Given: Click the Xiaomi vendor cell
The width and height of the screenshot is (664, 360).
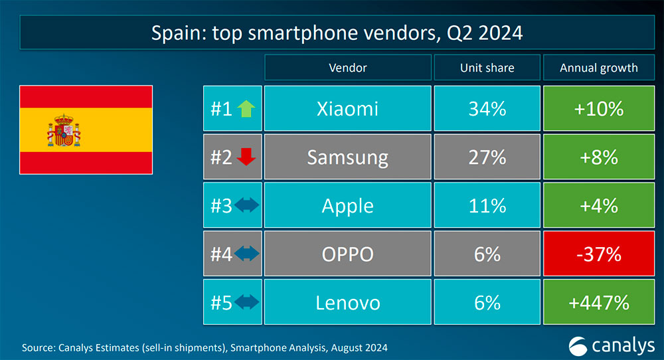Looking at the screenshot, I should coord(347,108).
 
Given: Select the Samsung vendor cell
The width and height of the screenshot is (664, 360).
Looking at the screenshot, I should coord(347,157).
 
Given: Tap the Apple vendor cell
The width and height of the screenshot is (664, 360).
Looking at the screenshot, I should coord(347,206).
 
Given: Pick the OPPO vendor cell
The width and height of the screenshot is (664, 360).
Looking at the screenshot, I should coord(347,254).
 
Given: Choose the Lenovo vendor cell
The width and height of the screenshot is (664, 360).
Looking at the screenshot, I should coord(347,303).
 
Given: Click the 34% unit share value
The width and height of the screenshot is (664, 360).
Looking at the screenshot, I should coord(487,108).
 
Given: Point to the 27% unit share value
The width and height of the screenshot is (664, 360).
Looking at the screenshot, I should coord(487,157).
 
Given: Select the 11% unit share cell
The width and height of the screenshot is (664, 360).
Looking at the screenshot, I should coord(487,206).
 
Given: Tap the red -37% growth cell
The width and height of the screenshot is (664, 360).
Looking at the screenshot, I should coord(599,254).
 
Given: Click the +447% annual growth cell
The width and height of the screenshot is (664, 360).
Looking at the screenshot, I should coord(599,303).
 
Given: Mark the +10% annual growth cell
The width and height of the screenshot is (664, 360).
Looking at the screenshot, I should coord(599,108).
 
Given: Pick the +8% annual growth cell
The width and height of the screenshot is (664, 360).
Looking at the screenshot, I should coord(599,157).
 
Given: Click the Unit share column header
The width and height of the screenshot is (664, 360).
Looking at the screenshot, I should coord(487,68).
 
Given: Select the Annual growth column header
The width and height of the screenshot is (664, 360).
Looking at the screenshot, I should coord(599,68).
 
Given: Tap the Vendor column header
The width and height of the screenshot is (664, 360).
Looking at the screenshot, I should coord(347,68).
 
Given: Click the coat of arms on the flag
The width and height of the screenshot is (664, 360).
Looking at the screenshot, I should coord(64,130).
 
